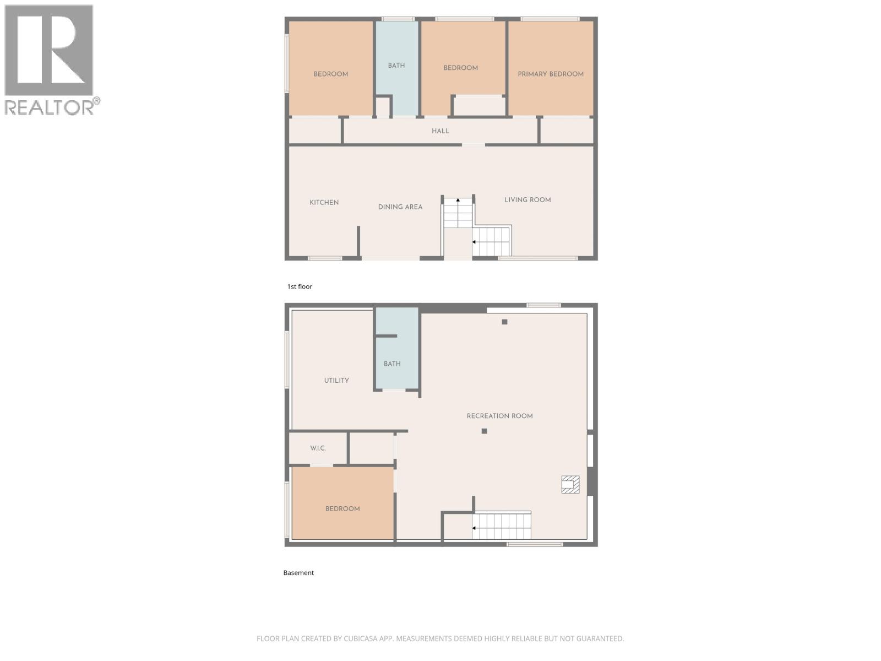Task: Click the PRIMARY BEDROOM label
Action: coord(550,74)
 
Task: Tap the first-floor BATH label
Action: coord(396,66)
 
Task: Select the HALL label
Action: coord(440,131)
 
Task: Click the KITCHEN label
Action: coord(324,203)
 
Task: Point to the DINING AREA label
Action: coord(400,207)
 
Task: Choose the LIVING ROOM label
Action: coord(527,200)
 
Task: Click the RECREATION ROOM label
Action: coord(499,416)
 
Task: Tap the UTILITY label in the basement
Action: coord(336,381)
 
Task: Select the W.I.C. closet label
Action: coord(318,448)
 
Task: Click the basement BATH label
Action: coord(392,364)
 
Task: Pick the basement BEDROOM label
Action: coord(342,509)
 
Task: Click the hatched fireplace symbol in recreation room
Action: coord(570,484)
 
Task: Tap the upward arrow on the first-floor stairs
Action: coord(458,202)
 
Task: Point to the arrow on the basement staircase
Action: coord(474,528)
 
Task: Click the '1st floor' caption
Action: coord(300,286)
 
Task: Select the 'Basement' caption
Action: coord(298,573)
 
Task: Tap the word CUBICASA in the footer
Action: coord(360,639)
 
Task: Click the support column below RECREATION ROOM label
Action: coord(484,431)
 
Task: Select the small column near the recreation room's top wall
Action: coord(504,322)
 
